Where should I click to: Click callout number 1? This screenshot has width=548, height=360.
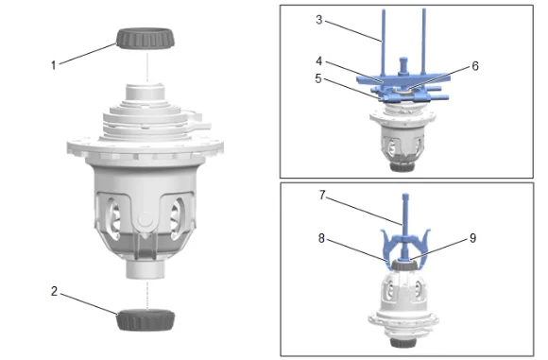[x=54, y=65]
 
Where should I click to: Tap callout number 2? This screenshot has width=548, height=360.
[x=54, y=291]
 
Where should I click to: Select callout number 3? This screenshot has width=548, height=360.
[x=318, y=20]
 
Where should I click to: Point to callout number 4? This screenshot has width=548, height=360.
[x=318, y=61]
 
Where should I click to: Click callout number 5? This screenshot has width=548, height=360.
[x=318, y=78]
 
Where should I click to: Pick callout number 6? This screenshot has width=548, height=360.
[x=475, y=66]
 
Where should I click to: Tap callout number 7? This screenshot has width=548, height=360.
[x=322, y=195]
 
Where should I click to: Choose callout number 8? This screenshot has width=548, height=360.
[x=321, y=238]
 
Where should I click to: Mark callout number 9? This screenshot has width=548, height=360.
[x=472, y=238]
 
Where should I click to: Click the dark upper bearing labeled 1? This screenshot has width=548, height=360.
[x=146, y=38]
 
